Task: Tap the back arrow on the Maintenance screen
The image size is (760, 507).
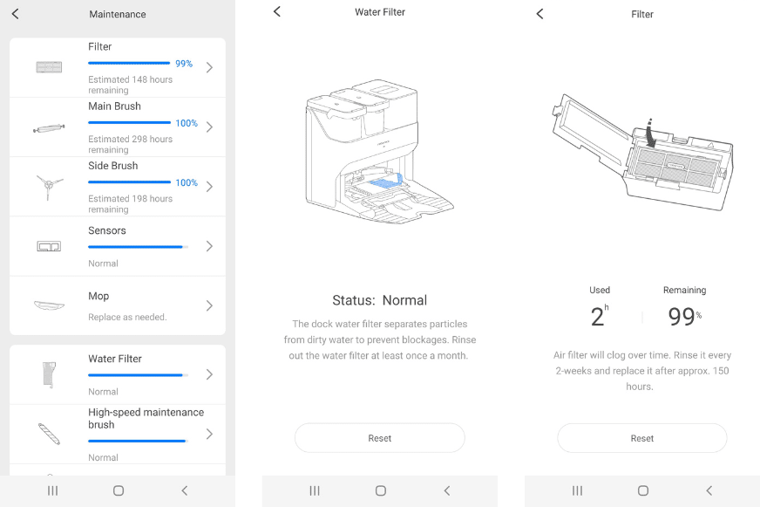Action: click(x=15, y=14)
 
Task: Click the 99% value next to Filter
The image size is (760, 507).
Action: click(x=183, y=64)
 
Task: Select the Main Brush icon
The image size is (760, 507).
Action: click(x=49, y=127)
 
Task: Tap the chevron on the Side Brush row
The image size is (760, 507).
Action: click(x=209, y=187)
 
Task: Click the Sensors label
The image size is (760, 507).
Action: click(x=107, y=230)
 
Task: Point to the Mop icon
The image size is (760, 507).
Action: click(x=49, y=305)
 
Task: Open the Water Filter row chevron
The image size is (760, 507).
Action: click(x=209, y=374)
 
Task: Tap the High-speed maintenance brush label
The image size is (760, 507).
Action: click(x=146, y=418)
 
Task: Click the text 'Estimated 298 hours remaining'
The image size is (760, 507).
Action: click(x=130, y=144)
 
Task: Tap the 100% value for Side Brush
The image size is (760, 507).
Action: click(x=187, y=182)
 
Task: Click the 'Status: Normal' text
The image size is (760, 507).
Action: click(x=379, y=300)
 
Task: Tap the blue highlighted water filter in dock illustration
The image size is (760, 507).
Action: click(x=384, y=182)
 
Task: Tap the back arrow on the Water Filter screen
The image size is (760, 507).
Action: click(x=277, y=11)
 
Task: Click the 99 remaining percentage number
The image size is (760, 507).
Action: click(x=681, y=317)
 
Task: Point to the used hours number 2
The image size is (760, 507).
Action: click(x=597, y=317)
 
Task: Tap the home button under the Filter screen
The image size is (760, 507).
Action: click(x=643, y=490)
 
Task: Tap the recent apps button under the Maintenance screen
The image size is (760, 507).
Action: click(x=52, y=490)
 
